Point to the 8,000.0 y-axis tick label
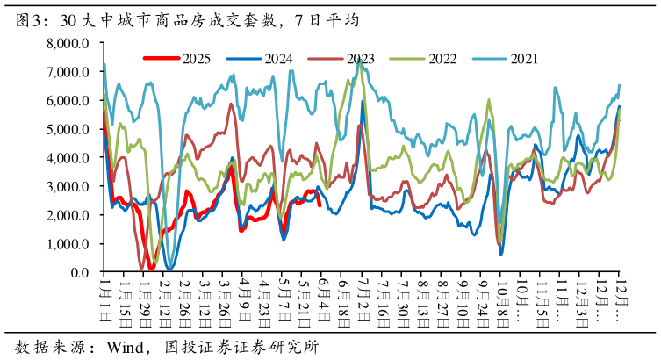point(68,43)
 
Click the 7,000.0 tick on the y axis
point(68,72)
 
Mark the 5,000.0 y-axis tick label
point(68,129)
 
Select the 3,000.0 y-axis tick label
point(68,187)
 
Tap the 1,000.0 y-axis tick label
point(68,244)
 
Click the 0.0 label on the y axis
point(81,273)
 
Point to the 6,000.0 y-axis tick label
point(68,101)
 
